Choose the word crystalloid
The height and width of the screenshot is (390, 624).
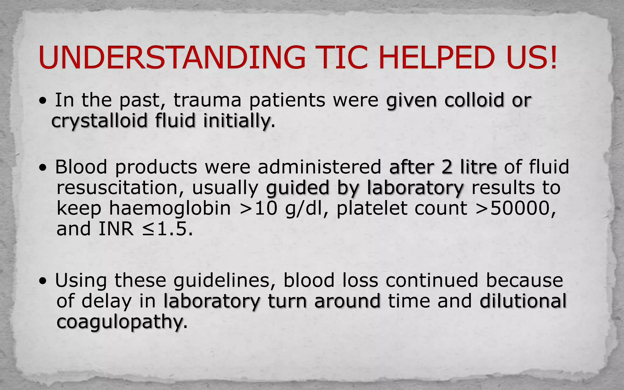point(100,121)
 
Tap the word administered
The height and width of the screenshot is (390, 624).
point(319,167)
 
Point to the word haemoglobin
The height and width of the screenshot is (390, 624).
point(170,208)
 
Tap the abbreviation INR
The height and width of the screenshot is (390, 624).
point(116,229)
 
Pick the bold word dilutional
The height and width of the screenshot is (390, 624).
point(523,301)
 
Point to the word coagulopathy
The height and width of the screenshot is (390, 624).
point(120,322)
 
